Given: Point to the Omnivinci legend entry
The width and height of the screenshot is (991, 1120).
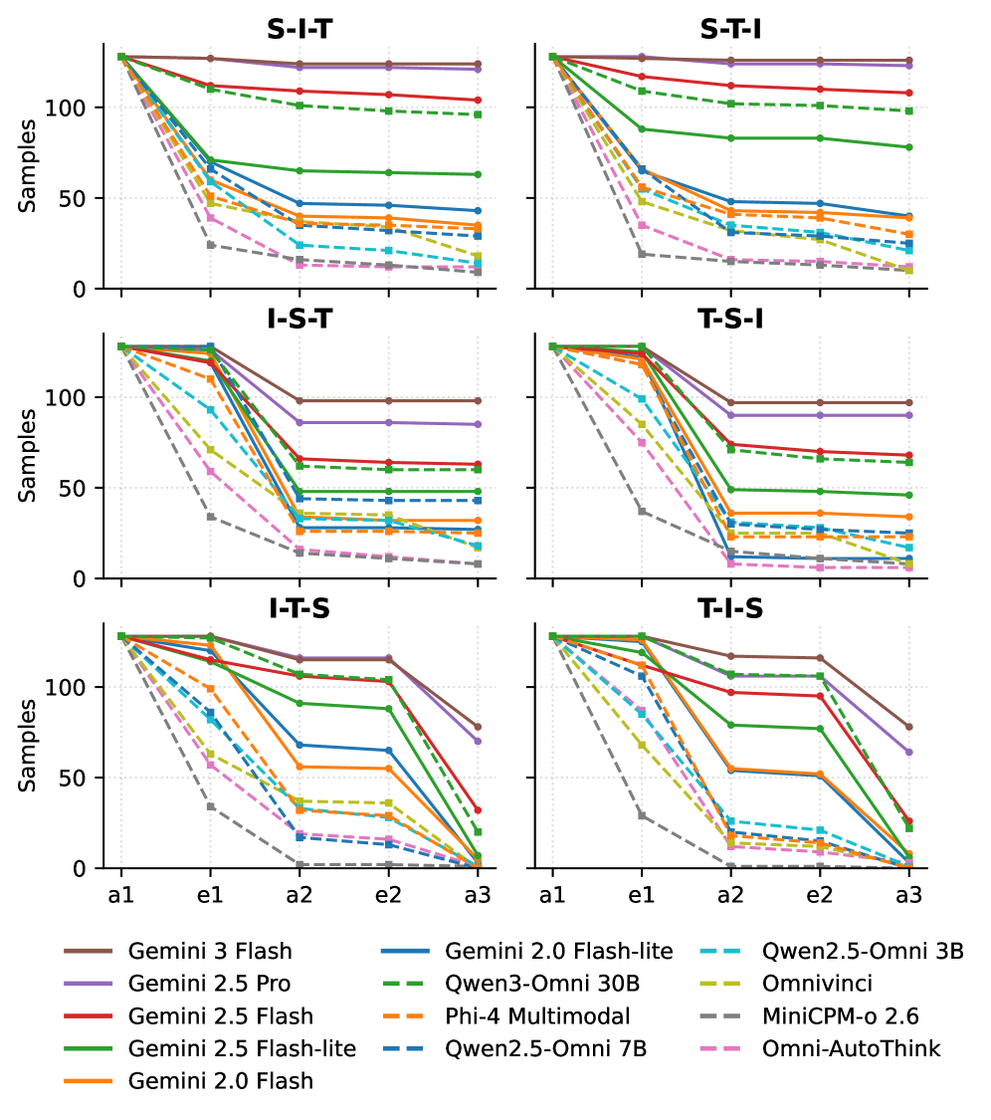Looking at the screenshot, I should click(x=817, y=984).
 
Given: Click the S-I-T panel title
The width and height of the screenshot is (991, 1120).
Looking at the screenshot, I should click(x=299, y=30).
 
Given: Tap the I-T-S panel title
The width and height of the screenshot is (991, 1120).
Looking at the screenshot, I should click(x=299, y=609).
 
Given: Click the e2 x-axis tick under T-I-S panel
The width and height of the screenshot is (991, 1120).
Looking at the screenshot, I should click(x=819, y=895).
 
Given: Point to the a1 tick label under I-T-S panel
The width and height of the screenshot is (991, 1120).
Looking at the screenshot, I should click(x=121, y=895).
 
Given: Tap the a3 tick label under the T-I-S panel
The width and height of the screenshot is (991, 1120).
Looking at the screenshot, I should click(x=907, y=895).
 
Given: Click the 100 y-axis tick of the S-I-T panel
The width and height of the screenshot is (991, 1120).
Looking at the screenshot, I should click(x=80, y=108).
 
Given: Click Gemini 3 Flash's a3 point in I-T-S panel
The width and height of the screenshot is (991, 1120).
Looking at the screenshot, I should click(x=478, y=727).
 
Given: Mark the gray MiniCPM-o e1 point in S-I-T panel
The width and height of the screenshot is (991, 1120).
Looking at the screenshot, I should click(x=210, y=245).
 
